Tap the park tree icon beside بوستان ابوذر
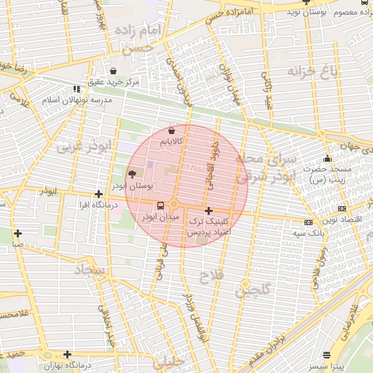coord(131,175)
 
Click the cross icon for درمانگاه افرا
coord(98,194)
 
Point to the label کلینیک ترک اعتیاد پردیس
coord(210,225)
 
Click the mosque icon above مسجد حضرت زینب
coord(327,158)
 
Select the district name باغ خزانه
coord(314,71)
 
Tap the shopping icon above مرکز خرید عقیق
coord(113,71)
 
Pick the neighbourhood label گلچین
coord(252,290)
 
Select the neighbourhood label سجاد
coord(89,271)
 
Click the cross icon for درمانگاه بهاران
coord(67,354)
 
